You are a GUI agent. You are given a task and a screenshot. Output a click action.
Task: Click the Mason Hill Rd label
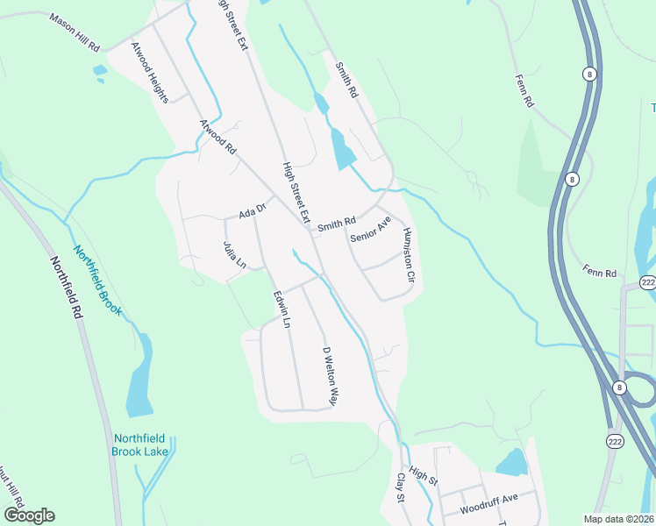point(75,31)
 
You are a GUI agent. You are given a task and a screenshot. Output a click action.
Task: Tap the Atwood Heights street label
point(149,73)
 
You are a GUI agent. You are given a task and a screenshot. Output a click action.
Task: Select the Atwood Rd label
point(218,139)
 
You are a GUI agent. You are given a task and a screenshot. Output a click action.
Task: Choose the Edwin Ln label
point(282,309)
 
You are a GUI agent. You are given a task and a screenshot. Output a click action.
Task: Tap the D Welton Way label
point(330,376)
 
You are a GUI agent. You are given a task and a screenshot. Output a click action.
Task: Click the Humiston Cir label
point(408,255)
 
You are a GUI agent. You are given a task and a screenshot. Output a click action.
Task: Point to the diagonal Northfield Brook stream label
point(96,280)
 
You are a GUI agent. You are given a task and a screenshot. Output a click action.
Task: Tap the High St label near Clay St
point(422,476)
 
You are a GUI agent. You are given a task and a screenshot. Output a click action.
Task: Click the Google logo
point(29,515)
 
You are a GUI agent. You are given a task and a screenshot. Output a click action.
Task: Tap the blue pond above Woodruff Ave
point(511,461)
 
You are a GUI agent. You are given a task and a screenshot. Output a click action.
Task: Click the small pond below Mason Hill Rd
point(99,70)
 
